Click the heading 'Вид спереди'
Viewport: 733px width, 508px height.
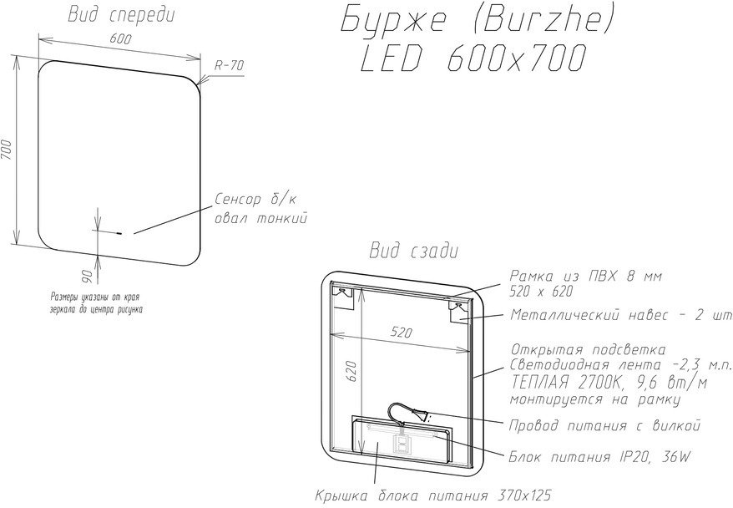[122, 15]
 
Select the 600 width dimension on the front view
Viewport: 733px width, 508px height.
[120, 38]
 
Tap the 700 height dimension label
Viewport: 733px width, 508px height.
[7, 150]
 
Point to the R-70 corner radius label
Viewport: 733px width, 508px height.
[229, 65]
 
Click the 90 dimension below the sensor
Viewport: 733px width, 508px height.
[88, 276]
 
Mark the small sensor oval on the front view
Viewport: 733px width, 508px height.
[119, 232]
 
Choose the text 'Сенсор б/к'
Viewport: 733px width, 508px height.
[255, 200]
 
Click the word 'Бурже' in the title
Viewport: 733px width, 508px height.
[392, 21]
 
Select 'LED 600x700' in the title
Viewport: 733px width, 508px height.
[473, 58]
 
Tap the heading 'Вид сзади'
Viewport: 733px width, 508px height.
[414, 251]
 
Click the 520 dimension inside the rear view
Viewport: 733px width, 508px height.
[401, 332]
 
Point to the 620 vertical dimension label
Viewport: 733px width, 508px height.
[352, 371]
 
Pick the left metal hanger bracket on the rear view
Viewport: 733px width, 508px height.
[342, 297]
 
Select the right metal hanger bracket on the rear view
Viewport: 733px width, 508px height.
[460, 311]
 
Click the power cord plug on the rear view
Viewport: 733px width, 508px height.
[422, 414]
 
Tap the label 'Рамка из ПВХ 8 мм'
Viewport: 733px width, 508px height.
[586, 276]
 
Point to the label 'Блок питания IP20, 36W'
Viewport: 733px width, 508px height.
[599, 457]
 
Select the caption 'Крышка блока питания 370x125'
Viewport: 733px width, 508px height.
[433, 495]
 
